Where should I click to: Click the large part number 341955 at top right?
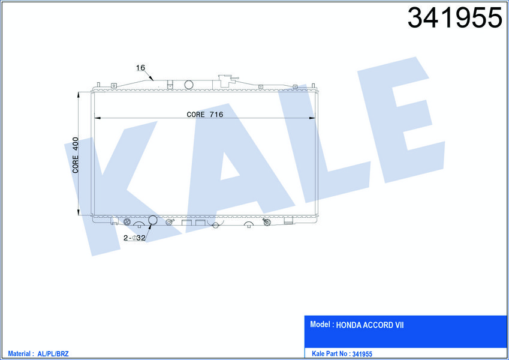(x=455, y=17)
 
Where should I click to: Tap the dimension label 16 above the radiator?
(x=140, y=68)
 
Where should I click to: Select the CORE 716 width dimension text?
(x=205, y=115)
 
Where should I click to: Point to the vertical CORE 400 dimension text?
(x=76, y=155)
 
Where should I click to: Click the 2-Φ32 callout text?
(x=134, y=238)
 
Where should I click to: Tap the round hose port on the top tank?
(x=189, y=85)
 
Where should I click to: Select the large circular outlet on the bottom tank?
(x=152, y=220)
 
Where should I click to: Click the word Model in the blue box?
(x=320, y=324)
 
